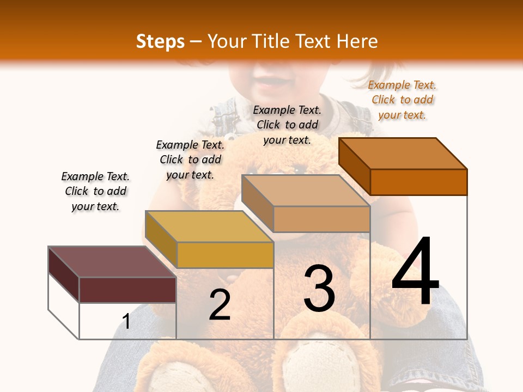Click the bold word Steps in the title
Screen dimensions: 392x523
160,41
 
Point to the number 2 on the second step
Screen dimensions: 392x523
220,305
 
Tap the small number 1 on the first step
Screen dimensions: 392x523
126,322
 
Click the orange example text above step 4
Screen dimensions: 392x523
402,100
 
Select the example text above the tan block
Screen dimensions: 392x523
287,125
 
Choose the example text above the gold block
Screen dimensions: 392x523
190,160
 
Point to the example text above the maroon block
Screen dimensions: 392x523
95,192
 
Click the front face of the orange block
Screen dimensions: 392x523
418,182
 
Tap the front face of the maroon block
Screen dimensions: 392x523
127,290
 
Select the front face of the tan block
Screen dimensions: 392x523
321,219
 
